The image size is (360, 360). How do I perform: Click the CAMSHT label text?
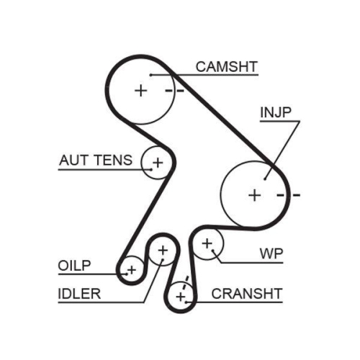tap(226, 67)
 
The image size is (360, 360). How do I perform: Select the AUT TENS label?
tap(95, 160)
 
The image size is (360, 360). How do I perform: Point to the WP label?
tap(271, 253)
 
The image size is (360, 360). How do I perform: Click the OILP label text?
tap(75, 266)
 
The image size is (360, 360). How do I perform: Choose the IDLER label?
tap(80, 294)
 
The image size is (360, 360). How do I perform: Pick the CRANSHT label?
tap(246, 294)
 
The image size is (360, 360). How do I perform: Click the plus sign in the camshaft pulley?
tap(140, 90)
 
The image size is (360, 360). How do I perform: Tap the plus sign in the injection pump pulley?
tap(253, 194)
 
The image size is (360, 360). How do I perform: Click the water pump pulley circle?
tap(208, 245)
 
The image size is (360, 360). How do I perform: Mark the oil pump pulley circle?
tap(131, 270)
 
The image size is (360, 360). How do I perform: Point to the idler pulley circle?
tap(163, 251)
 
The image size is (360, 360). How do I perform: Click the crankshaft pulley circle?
tap(181, 296)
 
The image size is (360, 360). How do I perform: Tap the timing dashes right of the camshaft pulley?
tap(174, 91)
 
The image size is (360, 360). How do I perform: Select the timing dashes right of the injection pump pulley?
tap(287, 194)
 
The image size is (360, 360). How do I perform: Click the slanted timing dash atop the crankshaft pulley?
tap(186, 280)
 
